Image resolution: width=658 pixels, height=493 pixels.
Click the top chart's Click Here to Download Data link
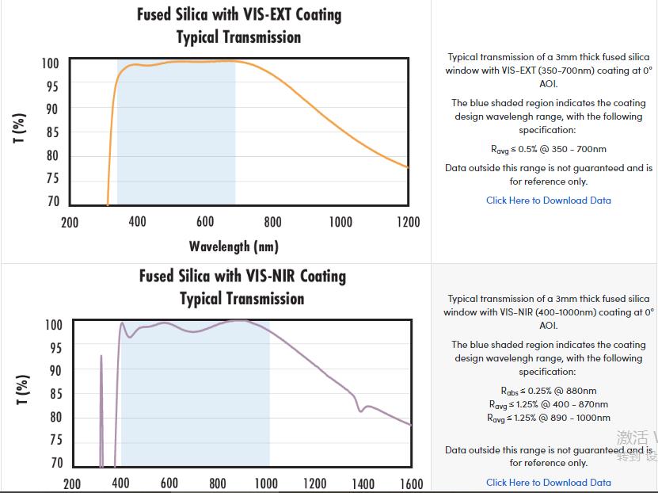(548, 201)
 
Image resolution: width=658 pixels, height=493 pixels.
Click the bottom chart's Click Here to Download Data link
(548, 482)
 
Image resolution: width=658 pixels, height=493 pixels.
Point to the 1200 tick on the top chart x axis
(408, 222)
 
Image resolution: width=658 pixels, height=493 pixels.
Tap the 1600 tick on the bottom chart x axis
(411, 483)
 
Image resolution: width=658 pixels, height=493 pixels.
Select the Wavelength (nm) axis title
(234, 246)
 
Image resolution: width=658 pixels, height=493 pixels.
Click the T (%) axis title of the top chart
(21, 128)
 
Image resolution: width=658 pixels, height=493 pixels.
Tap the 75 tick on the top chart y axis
(51, 179)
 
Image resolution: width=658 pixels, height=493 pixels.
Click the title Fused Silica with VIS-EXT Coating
(239, 14)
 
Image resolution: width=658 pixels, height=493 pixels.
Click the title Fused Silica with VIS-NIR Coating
(242, 276)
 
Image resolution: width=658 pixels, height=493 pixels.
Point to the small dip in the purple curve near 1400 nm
(361, 409)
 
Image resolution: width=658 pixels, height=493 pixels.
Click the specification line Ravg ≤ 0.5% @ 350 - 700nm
(548, 149)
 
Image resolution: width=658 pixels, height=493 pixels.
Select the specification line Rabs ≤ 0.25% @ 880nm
(548, 391)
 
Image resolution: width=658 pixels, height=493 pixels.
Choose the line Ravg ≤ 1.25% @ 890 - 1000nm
(548, 418)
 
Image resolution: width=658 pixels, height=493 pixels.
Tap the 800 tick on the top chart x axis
(272, 222)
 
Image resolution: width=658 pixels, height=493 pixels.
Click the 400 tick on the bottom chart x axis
(120, 483)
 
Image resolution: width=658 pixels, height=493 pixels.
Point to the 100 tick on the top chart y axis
(50, 63)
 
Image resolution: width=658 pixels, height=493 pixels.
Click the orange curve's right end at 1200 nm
(407, 166)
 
